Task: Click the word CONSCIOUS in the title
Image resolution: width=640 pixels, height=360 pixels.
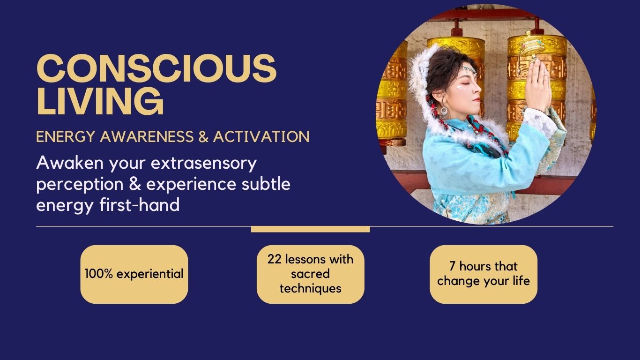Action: pos(156,68)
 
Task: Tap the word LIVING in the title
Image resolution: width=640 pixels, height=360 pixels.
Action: pos(100,101)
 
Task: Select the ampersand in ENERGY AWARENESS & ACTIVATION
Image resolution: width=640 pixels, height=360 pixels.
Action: pos(203,136)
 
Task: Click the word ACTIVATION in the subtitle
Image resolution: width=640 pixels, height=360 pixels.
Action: pos(261,136)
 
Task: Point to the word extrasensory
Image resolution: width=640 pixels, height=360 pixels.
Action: pos(204,163)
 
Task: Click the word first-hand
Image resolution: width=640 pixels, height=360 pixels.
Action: pos(140,204)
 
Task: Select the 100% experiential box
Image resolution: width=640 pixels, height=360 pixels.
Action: pos(134,274)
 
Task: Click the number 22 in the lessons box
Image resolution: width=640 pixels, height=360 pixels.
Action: pos(275,259)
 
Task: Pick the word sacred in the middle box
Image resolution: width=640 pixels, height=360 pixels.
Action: pos(310,274)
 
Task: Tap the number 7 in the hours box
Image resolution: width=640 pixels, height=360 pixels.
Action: pos(452,266)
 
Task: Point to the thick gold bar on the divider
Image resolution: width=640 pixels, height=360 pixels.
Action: pos(311,229)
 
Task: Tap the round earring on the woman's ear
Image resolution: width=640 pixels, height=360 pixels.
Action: pos(444,111)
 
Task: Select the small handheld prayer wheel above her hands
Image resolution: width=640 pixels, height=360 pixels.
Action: pos(529,46)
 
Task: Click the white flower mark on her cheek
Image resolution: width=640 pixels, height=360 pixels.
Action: pos(459,87)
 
